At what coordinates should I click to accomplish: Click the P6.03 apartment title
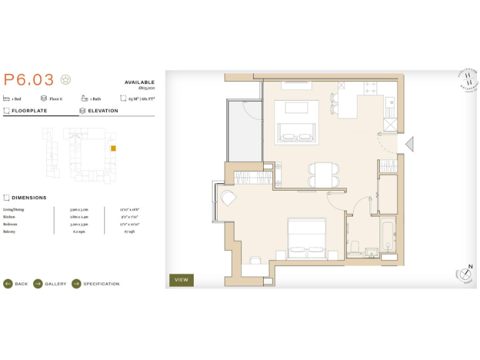[x=29, y=80]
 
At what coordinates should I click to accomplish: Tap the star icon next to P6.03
[x=66, y=80]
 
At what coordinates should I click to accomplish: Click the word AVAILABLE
[x=139, y=82]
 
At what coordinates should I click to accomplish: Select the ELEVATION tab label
[x=102, y=111]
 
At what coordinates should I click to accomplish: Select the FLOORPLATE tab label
[x=29, y=111]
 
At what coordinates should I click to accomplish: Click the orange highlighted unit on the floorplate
[x=113, y=149]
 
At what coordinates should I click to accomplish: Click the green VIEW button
[x=181, y=280]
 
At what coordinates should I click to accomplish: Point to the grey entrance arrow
[x=409, y=144]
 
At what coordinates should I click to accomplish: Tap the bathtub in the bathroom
[x=387, y=236]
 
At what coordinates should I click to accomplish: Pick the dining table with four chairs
[x=322, y=174]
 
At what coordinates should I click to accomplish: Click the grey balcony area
[x=244, y=129]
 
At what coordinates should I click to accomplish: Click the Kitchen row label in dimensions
[x=9, y=216]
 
